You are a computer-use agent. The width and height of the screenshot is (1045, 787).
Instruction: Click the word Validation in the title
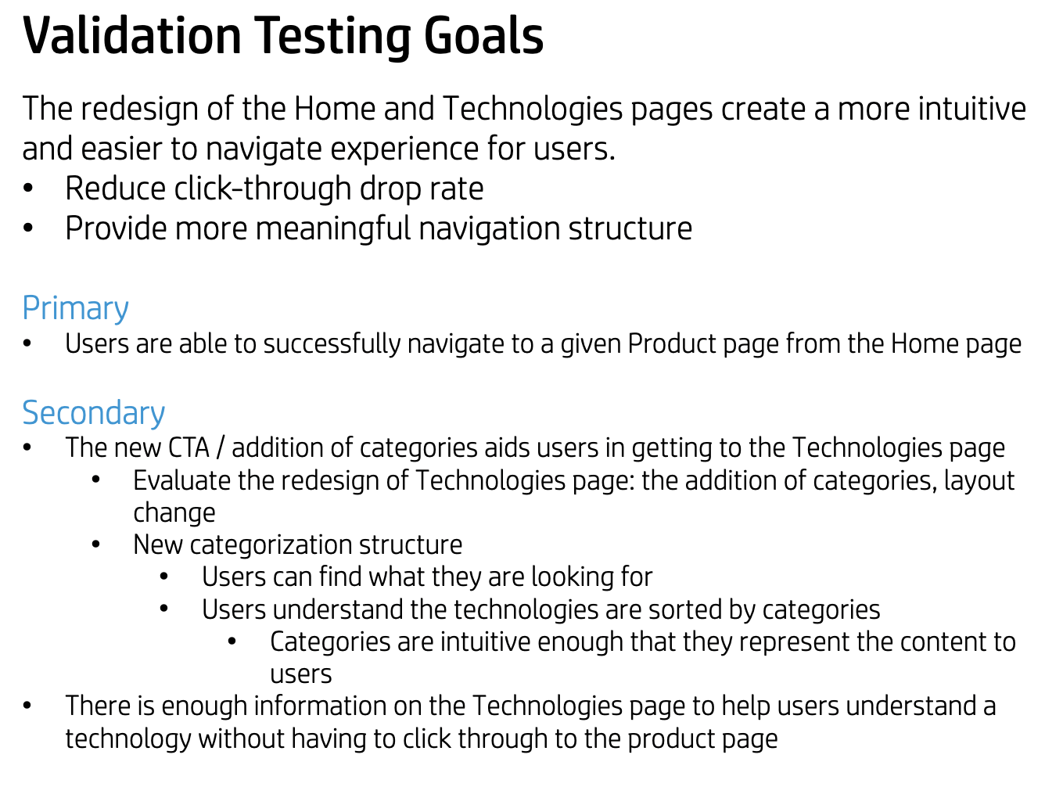point(132,35)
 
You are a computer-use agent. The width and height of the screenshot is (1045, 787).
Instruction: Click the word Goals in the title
point(483,35)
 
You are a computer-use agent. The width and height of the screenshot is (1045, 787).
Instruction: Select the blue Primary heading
point(75,309)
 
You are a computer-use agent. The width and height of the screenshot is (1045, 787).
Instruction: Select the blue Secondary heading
point(93,413)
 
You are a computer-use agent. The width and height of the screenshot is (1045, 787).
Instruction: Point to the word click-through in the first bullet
point(263,189)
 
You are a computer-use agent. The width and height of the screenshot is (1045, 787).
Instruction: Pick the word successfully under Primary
point(332,344)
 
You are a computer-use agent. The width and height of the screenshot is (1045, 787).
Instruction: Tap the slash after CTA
point(221,448)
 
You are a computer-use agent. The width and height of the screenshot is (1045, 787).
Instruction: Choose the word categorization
point(271,545)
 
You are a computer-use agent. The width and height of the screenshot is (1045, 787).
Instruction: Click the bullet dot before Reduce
point(27,189)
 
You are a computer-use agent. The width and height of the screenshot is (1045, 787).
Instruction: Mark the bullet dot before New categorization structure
point(95,544)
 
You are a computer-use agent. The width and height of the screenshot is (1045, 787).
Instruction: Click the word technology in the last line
point(128,739)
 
